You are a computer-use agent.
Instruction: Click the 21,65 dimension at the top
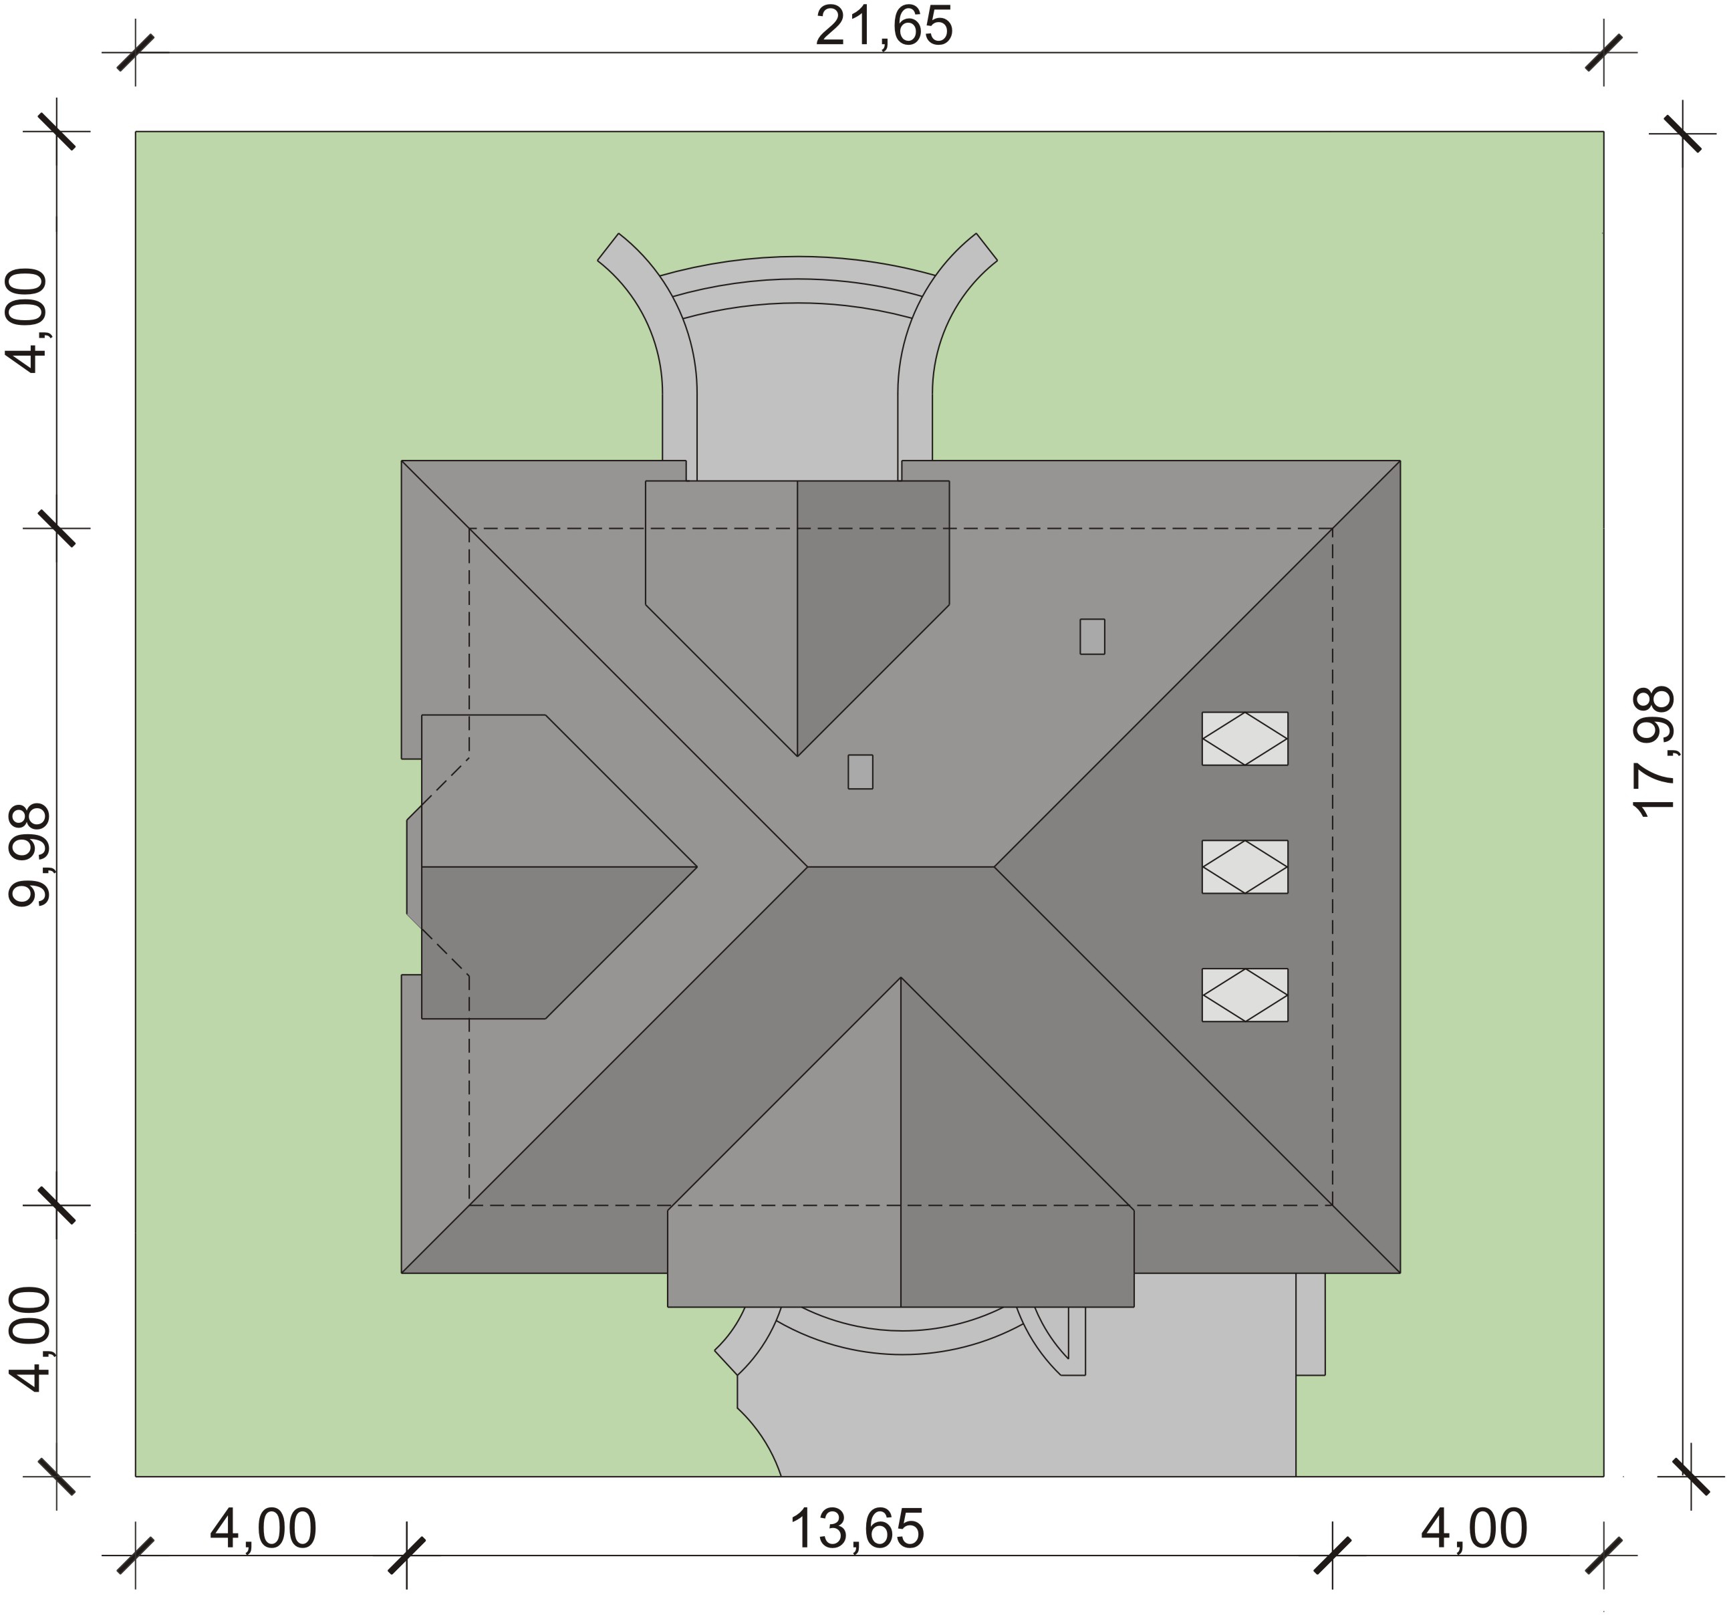[884, 27]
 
